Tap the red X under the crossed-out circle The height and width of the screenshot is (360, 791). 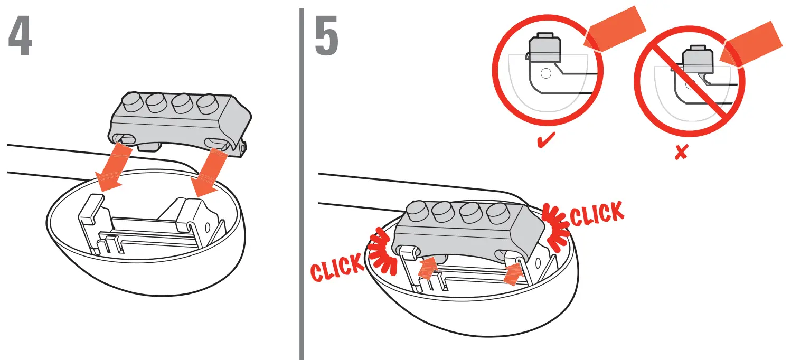pos(681,153)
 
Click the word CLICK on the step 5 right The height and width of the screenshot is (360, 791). pos(597,212)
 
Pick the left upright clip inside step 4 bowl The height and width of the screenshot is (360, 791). pos(90,216)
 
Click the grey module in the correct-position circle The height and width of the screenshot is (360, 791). pos(544,49)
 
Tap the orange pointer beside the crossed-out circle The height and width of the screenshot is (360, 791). pos(755,46)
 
